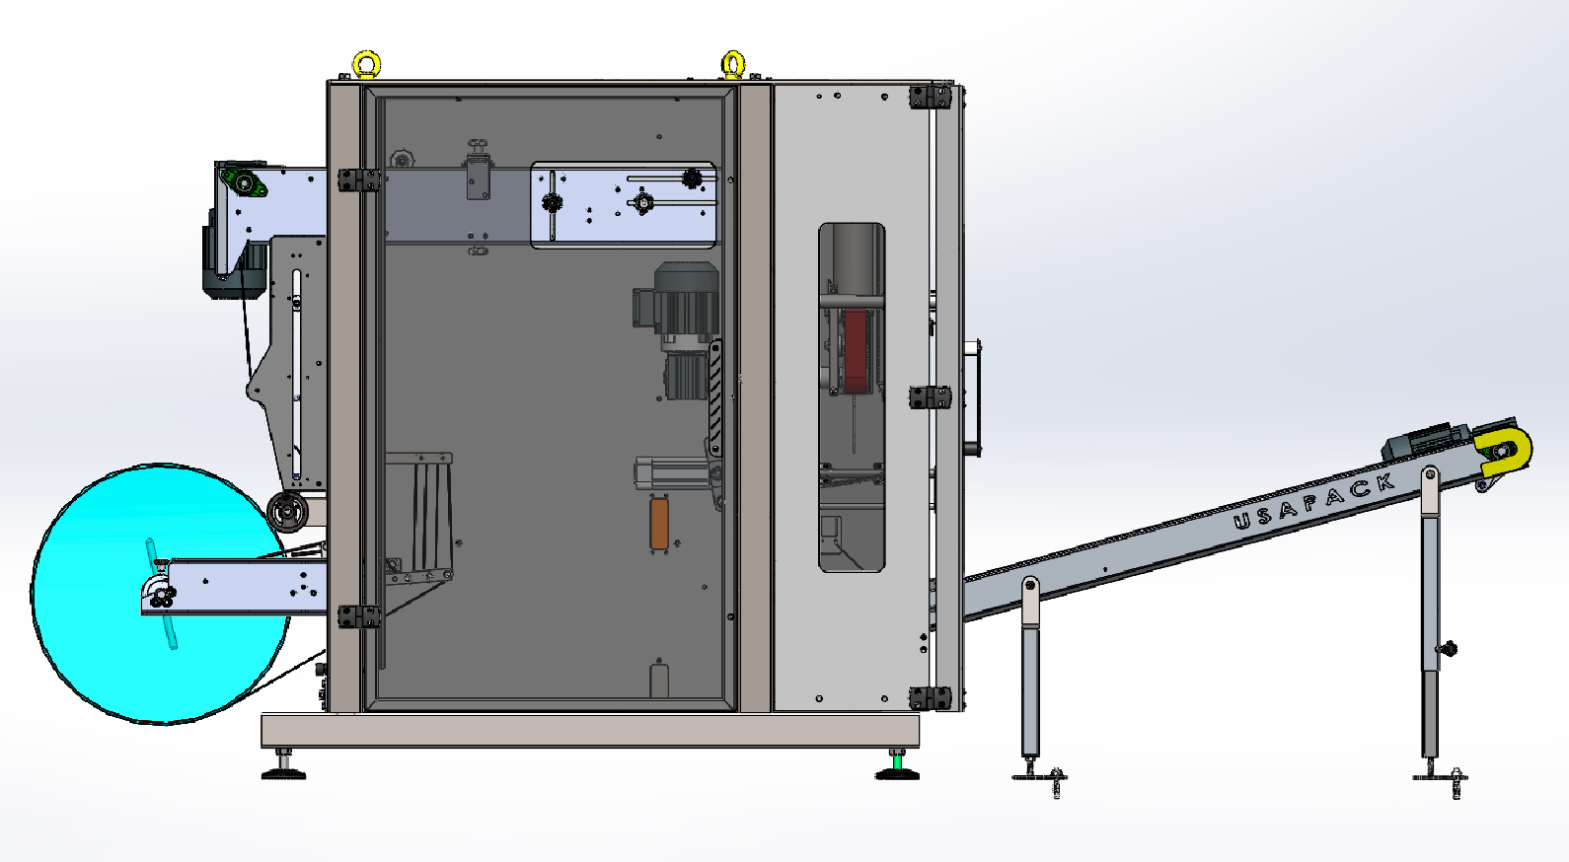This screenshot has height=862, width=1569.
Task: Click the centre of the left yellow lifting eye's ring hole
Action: (x=366, y=64)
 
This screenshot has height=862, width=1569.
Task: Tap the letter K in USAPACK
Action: (x=1384, y=483)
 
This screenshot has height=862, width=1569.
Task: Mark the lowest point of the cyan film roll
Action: (x=165, y=723)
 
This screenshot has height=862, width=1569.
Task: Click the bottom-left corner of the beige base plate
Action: (x=261, y=747)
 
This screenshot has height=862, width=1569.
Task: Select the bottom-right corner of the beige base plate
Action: (x=919, y=747)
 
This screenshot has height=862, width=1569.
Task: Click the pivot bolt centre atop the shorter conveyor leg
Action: (x=1029, y=585)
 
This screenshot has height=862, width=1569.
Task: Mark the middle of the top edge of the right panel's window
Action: (x=852, y=223)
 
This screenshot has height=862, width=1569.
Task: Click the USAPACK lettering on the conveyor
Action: (x=1314, y=502)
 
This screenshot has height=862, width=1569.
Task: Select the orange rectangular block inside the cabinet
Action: (x=659, y=524)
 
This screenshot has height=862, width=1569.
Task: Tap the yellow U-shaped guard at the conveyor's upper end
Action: (x=1505, y=452)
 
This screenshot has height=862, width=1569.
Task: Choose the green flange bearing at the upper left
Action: (x=243, y=183)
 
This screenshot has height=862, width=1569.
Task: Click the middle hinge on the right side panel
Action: (x=931, y=397)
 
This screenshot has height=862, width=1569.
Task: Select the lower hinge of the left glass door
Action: (x=359, y=617)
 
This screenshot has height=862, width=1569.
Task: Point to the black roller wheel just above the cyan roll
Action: (x=287, y=512)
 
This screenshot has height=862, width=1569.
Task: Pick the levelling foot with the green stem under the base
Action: (x=897, y=764)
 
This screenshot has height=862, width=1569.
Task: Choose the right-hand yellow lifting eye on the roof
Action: (x=733, y=65)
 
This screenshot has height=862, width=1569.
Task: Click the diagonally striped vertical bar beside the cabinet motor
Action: (x=715, y=398)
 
